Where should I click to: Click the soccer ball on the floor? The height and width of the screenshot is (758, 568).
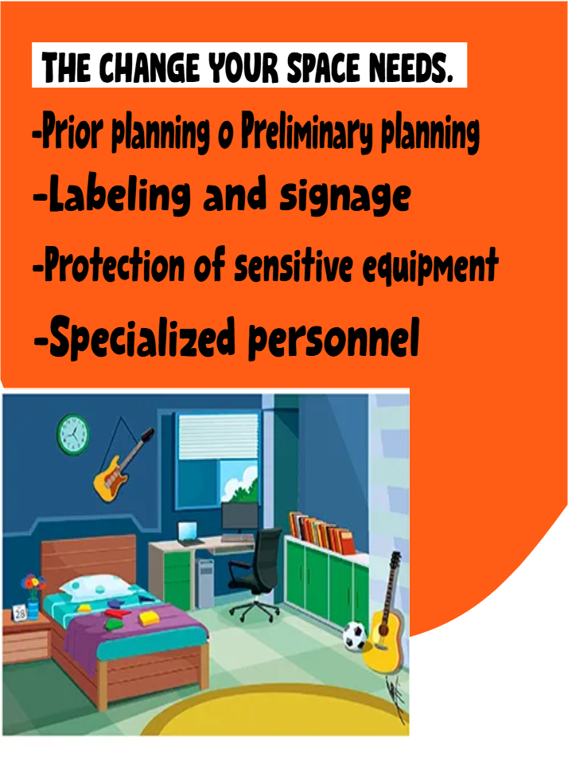[x=354, y=635]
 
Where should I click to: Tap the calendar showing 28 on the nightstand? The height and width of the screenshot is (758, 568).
[x=20, y=614]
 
